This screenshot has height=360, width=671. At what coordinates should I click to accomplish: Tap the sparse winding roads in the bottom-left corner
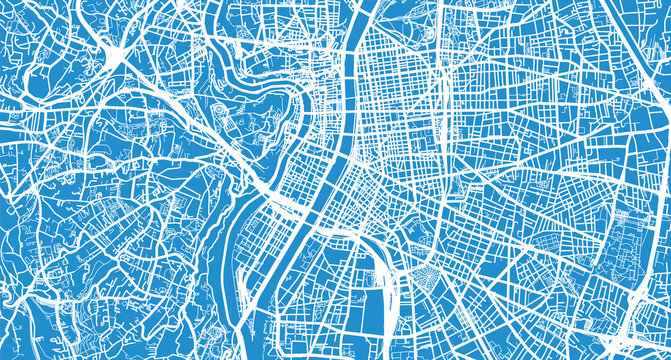point(40,320)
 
